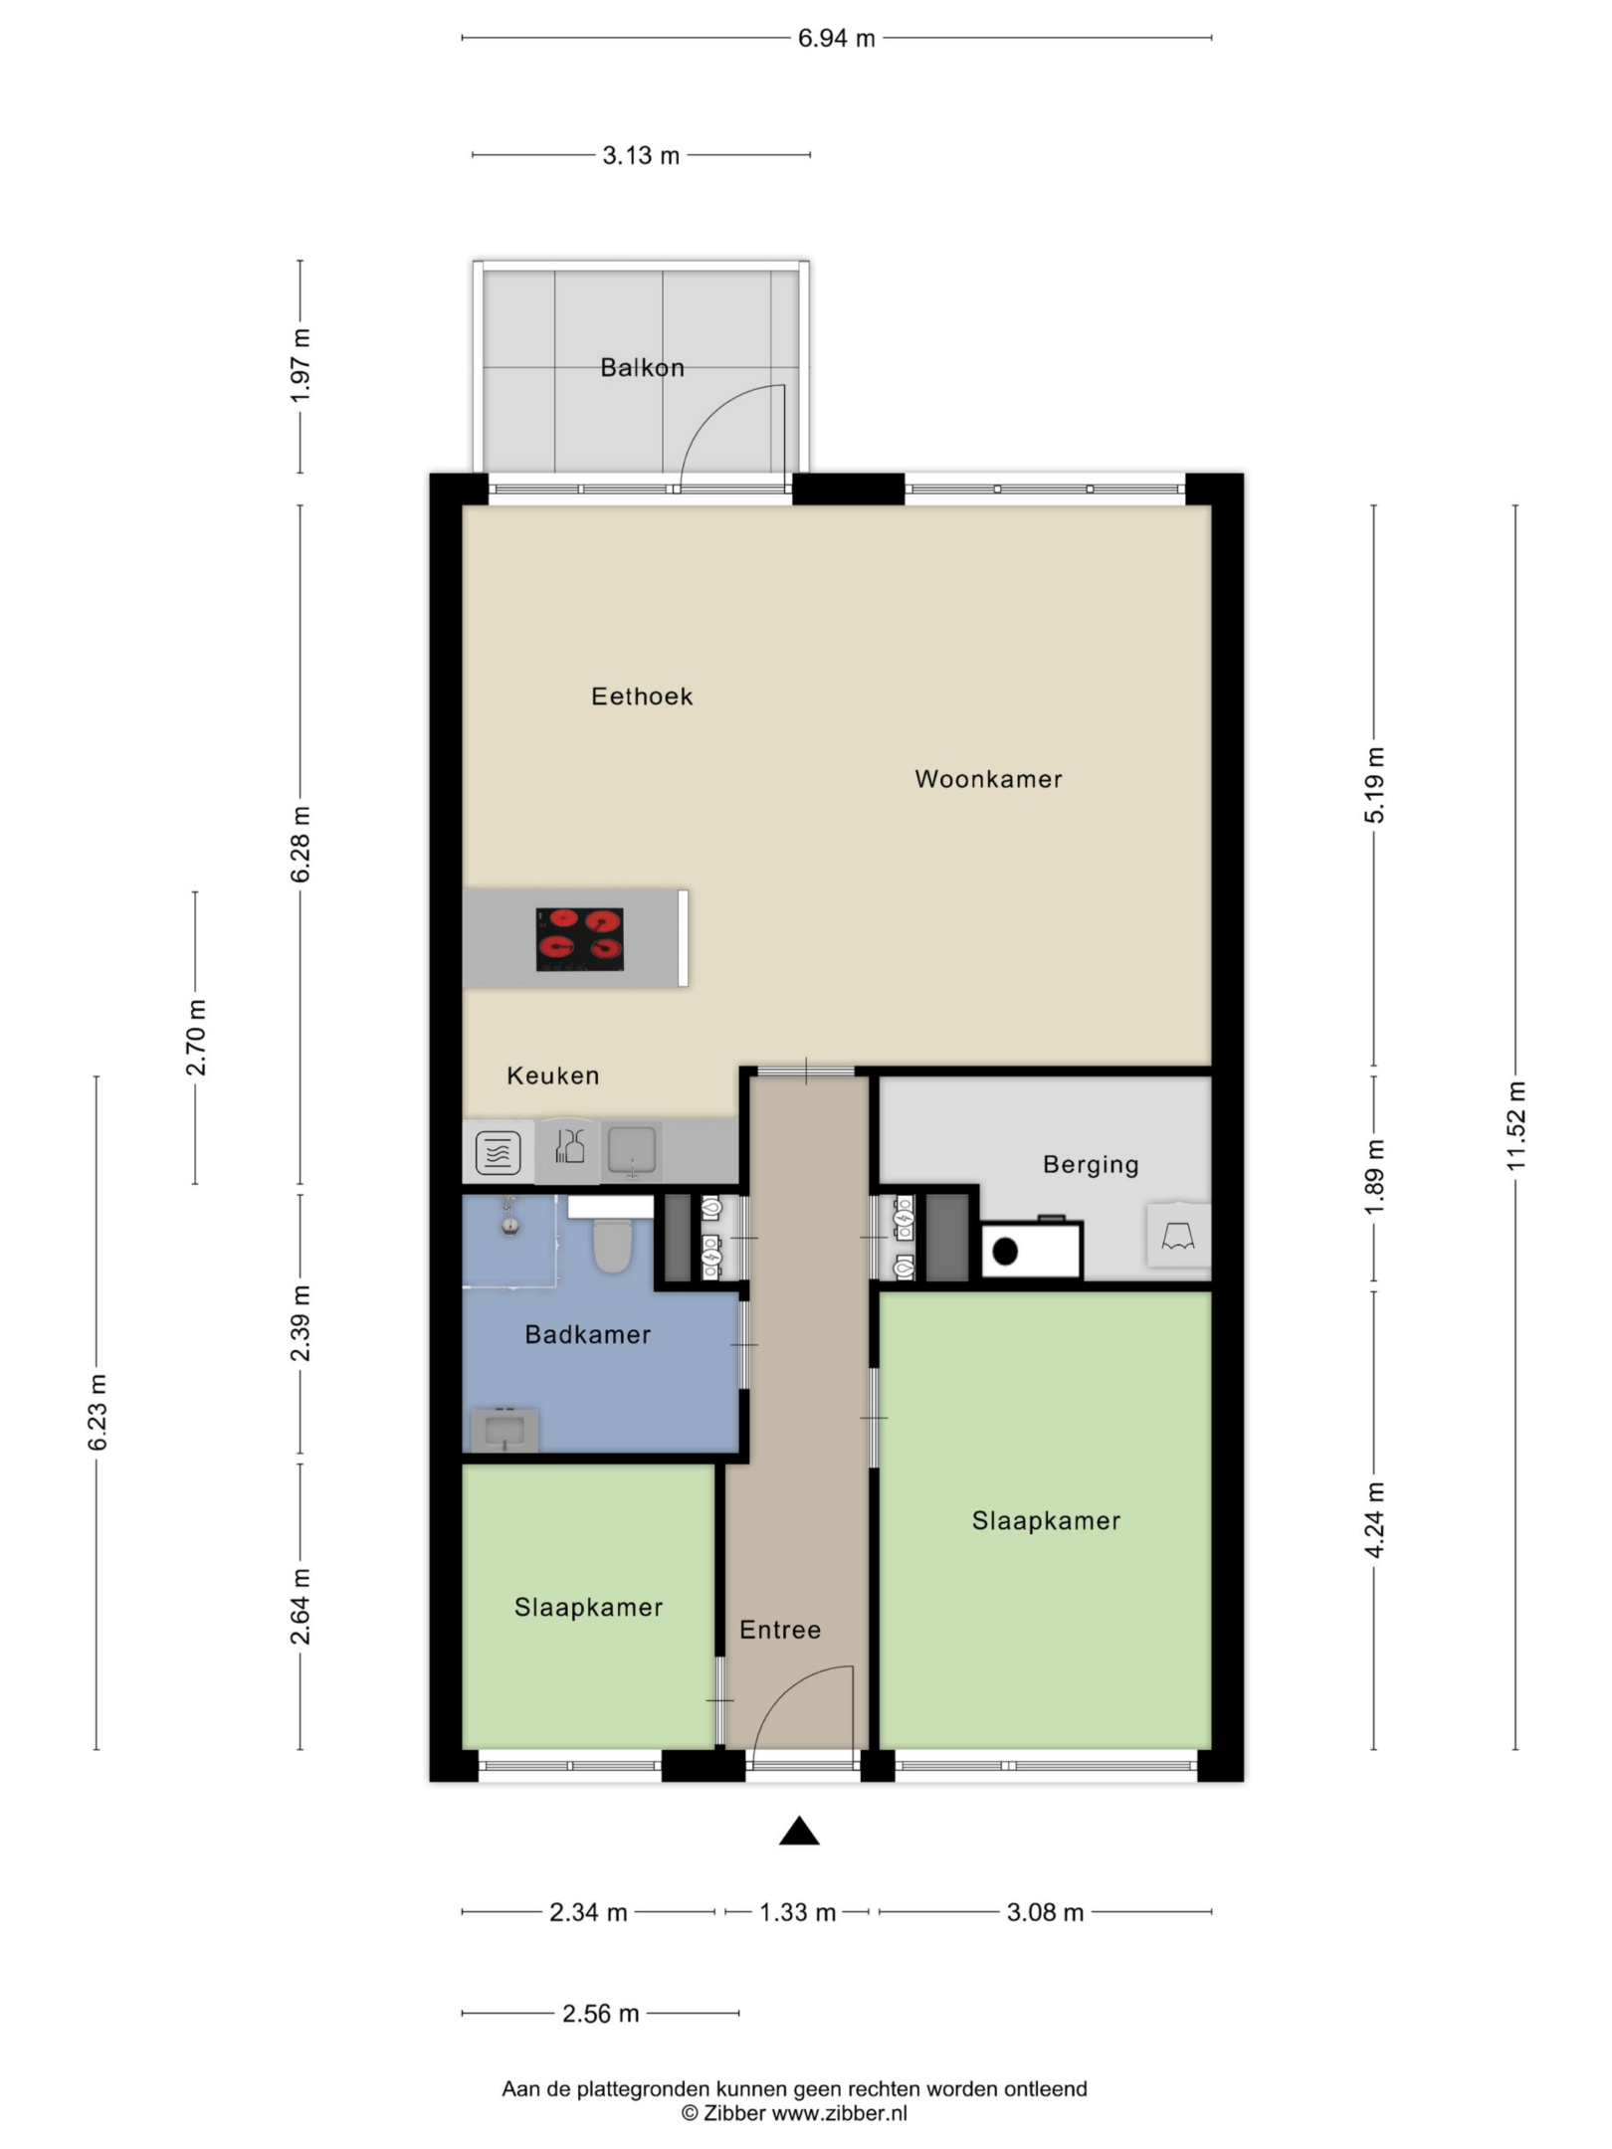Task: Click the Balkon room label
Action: tap(642, 368)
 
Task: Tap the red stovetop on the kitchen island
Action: tap(580, 939)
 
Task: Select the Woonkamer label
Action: tap(988, 779)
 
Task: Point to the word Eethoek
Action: tap(642, 696)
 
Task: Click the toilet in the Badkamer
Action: tap(612, 1244)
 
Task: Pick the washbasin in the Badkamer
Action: tap(504, 1430)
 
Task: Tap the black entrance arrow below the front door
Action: tap(799, 1831)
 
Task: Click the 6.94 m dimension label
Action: tap(837, 39)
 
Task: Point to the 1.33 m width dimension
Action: tap(798, 1912)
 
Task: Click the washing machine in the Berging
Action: tap(1032, 1250)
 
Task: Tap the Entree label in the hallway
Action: tap(780, 1630)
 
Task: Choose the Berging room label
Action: tap(1091, 1165)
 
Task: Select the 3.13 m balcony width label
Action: tap(641, 156)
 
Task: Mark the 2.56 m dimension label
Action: tap(600, 2014)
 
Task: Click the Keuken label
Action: tap(553, 1075)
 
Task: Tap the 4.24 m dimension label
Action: tap(1374, 1520)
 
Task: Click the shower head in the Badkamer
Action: tap(510, 1224)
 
